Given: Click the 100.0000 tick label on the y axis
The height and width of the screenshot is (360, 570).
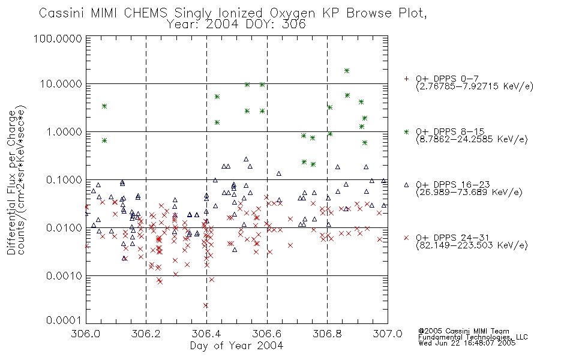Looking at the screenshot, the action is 58,38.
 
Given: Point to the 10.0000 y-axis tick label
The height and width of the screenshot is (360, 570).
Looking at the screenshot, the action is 61,84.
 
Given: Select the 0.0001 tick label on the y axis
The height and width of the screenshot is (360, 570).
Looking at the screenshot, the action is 64,320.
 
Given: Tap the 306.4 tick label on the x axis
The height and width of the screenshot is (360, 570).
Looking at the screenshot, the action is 206,334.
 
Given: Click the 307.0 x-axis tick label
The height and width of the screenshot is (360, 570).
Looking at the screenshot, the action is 388,334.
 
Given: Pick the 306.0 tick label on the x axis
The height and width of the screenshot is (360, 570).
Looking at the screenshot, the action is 86,334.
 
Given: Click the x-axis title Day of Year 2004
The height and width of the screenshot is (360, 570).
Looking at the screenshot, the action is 236,346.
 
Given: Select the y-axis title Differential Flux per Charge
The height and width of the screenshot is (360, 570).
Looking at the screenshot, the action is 11,182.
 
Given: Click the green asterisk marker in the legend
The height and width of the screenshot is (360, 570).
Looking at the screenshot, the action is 406,131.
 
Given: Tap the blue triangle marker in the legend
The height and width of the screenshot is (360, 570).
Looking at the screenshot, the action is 406,185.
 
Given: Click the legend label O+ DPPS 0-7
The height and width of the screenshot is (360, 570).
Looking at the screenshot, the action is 447,79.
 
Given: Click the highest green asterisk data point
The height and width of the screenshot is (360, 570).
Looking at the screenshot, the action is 347,71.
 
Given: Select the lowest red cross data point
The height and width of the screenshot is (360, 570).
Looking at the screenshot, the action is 206,305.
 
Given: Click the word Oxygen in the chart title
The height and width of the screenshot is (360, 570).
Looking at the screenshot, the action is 293,13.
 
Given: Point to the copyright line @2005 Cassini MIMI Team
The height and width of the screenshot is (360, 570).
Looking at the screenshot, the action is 464,331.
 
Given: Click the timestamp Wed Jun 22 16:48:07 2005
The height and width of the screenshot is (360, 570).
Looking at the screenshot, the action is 467,343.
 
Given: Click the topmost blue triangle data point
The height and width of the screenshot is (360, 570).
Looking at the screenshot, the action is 246,159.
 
